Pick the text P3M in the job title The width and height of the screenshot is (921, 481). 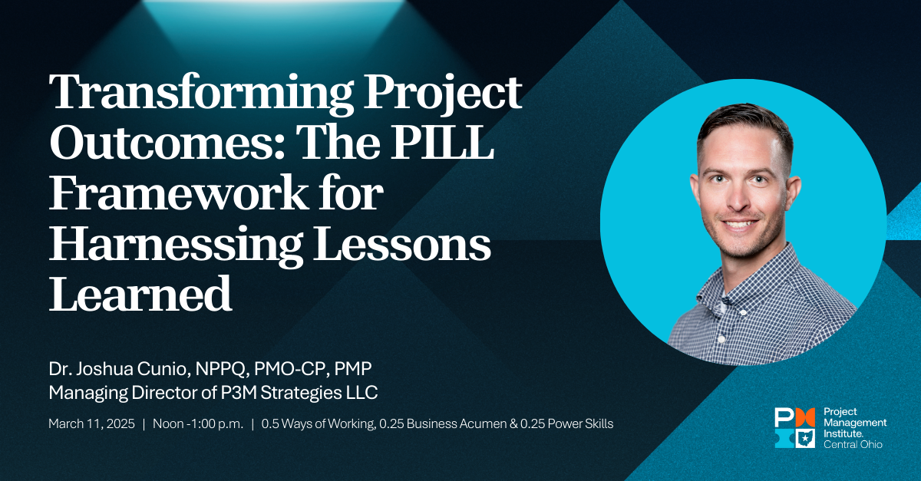tap(238, 393)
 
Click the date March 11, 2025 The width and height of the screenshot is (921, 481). tap(91, 423)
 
